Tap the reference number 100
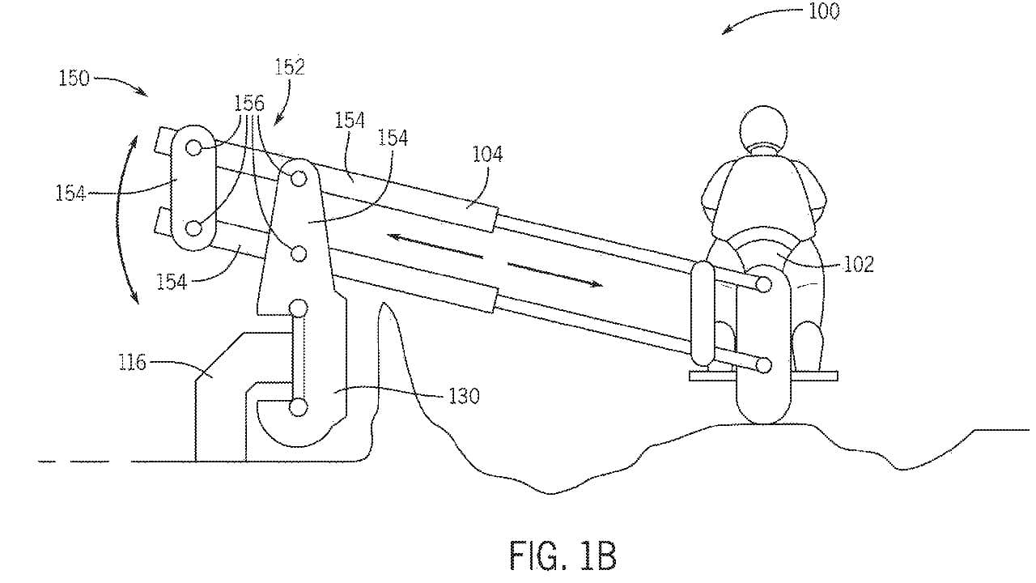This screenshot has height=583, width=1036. click(x=822, y=11)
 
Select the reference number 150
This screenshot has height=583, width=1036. click(x=74, y=79)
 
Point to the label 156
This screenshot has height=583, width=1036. click(x=248, y=103)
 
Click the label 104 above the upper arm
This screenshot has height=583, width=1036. click(x=488, y=154)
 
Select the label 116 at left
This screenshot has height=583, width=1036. click(x=131, y=361)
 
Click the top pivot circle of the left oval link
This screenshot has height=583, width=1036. click(x=193, y=147)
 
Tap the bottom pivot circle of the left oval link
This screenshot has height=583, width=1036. click(x=193, y=228)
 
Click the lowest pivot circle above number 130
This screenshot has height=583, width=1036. click(x=298, y=407)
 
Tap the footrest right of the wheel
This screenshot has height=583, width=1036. click(x=814, y=375)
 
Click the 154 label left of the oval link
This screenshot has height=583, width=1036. click(x=70, y=193)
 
